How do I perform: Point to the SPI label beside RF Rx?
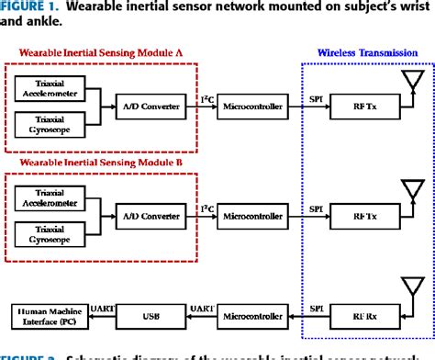click(x=316, y=306)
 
